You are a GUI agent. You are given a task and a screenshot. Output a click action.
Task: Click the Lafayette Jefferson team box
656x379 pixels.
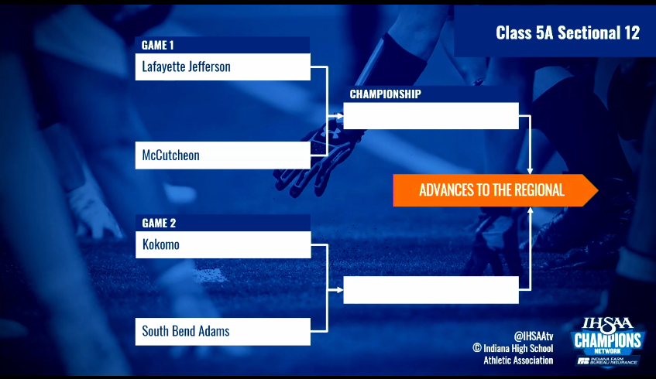222,67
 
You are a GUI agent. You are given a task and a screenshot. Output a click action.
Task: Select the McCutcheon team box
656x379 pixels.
222,155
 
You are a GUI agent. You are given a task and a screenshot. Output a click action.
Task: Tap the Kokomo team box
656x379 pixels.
222,245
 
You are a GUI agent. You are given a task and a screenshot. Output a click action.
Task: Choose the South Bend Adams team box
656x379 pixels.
222,332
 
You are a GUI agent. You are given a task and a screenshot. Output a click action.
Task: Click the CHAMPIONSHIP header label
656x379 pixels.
385,94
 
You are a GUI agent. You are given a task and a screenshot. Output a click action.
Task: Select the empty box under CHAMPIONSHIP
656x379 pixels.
431,116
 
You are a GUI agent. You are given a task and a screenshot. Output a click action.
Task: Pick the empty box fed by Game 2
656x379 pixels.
431,290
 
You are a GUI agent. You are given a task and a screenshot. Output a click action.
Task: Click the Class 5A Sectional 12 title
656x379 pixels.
567,32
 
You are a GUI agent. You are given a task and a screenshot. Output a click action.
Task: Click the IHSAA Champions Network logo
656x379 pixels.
606,341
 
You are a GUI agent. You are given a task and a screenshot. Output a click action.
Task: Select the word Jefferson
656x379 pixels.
208,67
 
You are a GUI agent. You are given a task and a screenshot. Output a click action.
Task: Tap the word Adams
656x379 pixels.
214,332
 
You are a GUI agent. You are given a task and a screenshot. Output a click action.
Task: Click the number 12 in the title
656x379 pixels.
631,32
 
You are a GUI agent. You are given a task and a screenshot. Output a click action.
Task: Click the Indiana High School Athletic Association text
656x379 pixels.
518,354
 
